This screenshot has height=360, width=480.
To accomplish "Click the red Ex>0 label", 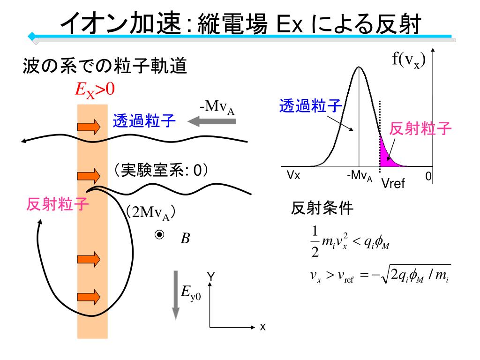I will point(95,90).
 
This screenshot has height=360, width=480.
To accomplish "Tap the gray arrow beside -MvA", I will point(211,122).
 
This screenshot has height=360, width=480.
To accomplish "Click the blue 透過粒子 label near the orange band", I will point(144,122).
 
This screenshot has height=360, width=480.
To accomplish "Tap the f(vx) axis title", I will point(409,62).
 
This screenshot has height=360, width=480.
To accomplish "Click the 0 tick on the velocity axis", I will point(428,176).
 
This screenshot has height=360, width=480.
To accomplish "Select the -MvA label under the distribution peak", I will point(360,177).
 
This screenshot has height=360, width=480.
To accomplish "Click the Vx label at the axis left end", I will point(294,175).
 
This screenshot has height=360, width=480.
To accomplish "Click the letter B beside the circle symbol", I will point(185,239).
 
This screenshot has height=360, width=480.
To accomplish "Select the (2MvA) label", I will point(150,212).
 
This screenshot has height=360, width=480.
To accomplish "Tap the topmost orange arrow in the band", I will point(89,127).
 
